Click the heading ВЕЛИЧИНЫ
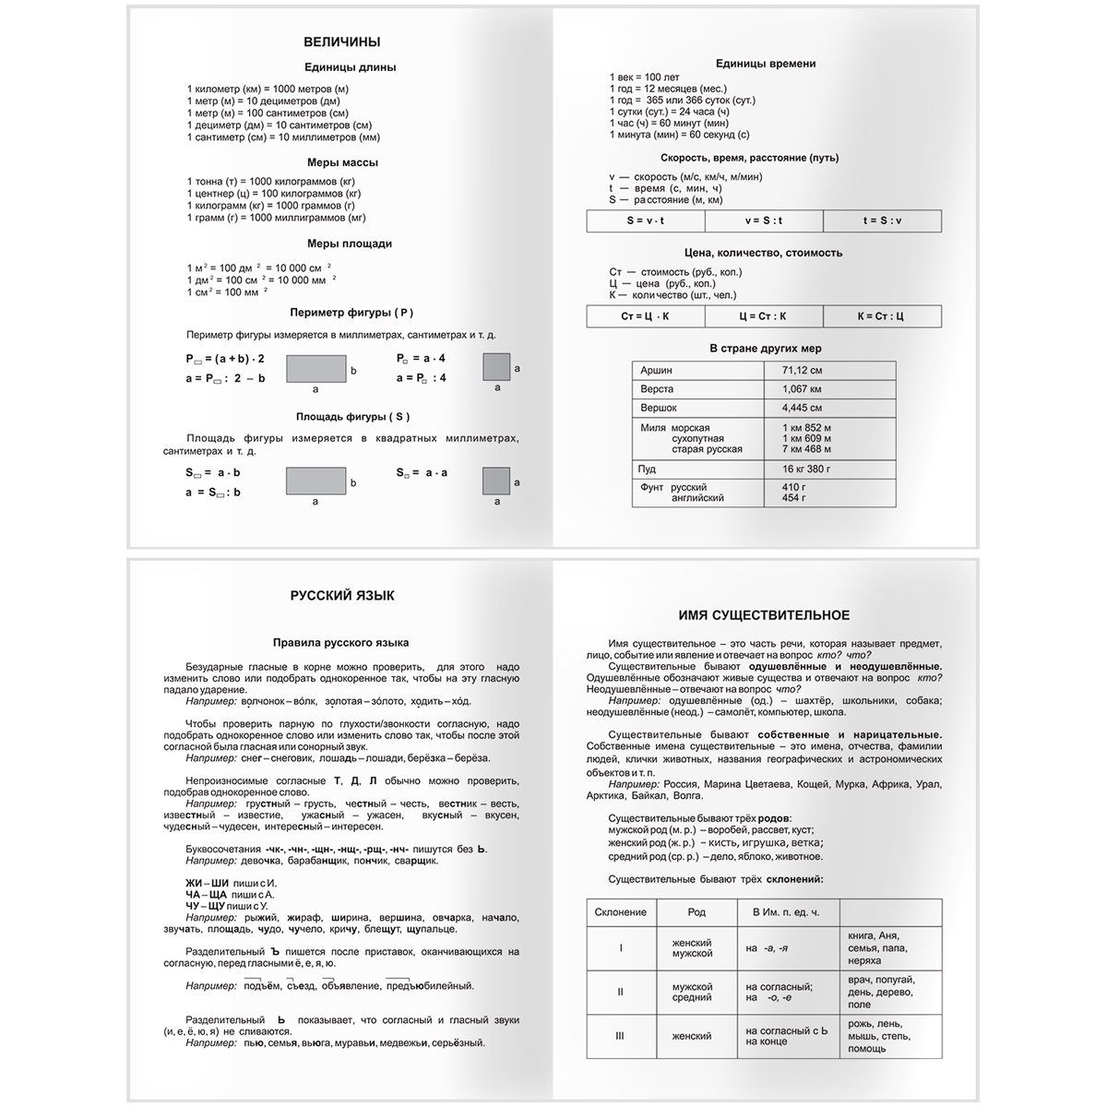(x=341, y=42)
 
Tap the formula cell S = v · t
(x=646, y=220)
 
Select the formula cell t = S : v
(x=882, y=220)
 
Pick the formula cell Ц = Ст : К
(x=763, y=316)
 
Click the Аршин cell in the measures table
(x=657, y=370)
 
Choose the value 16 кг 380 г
(x=806, y=469)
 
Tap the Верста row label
(x=658, y=388)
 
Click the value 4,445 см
(x=802, y=407)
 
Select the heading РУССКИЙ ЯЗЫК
(x=341, y=596)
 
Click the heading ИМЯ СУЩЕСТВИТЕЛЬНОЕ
(x=764, y=615)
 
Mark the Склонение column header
(x=621, y=912)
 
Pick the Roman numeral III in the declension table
(x=621, y=1036)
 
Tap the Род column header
(x=696, y=912)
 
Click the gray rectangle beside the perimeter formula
(x=315, y=369)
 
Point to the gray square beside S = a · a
(x=496, y=482)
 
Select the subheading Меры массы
(x=342, y=162)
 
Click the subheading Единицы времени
(x=765, y=64)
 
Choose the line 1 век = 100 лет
(x=644, y=77)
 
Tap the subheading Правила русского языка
(x=340, y=642)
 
